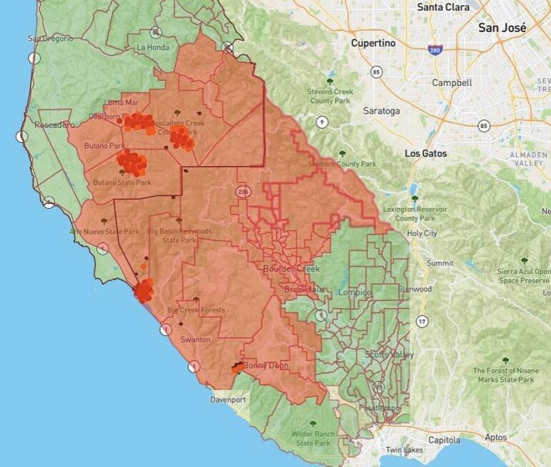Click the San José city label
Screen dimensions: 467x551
[502, 28]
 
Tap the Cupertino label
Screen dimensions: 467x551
[373, 44]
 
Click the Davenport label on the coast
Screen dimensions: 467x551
[228, 400]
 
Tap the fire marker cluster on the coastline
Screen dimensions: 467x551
[144, 290]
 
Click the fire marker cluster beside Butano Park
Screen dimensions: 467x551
[131, 162]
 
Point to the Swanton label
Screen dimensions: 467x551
[195, 340]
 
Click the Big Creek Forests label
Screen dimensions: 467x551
[196, 310]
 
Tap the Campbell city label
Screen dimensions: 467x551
[452, 83]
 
